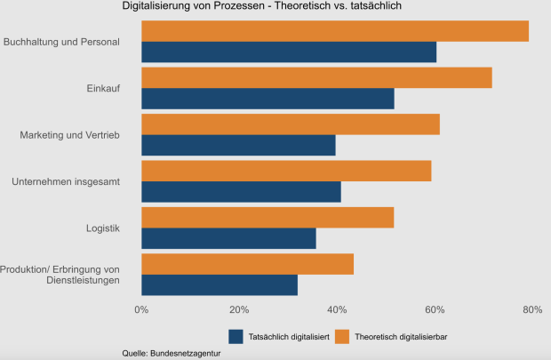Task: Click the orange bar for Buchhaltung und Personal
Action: coord(334,31)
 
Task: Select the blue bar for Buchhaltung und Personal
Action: coord(289,52)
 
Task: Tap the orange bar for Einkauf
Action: coord(316,77)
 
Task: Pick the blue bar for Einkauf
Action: coord(268,99)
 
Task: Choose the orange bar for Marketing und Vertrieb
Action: coord(290,124)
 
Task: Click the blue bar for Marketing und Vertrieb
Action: coord(238,146)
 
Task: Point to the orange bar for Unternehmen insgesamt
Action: coord(286,171)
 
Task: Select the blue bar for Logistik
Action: coord(228,239)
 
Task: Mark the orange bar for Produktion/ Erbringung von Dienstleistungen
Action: coord(247,264)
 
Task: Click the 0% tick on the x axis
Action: coord(141,309)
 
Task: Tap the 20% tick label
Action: coord(238,309)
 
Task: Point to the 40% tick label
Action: coord(336,309)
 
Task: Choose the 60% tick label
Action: coord(434,309)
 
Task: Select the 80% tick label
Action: coord(531,309)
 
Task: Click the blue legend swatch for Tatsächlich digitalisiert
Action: coord(236,336)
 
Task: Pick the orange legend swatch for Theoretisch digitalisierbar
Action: coord(342,336)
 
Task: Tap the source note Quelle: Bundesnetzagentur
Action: coord(172,353)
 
